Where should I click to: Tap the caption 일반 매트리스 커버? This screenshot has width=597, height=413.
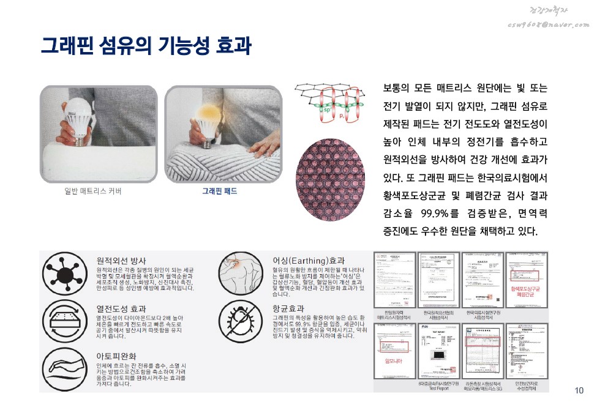[93, 191]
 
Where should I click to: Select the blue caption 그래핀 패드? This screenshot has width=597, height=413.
[220, 191]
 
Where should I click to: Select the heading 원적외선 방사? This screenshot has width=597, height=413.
[121, 260]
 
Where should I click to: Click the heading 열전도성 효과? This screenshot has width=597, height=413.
[121, 308]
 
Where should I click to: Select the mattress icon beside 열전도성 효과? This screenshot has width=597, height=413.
[64, 321]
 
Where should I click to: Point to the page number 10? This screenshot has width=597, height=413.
[579, 391]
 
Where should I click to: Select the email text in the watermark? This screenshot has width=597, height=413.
[548, 23]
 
